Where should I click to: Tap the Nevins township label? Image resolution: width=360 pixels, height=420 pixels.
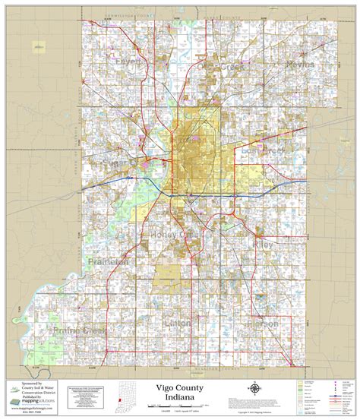[x=300, y=66]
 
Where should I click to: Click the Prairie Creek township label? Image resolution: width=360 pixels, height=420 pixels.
[x=80, y=331]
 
